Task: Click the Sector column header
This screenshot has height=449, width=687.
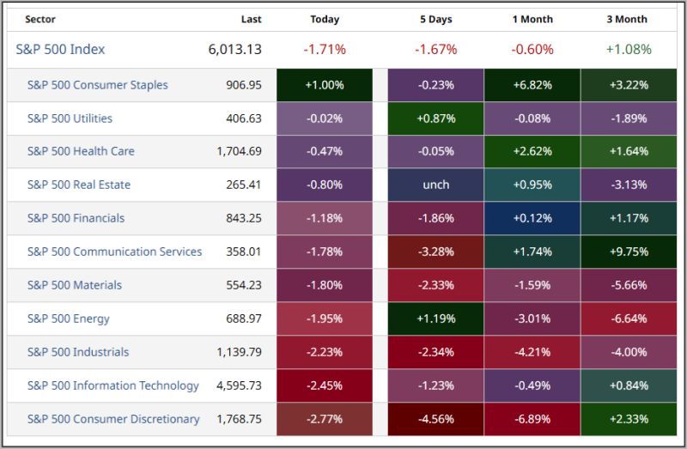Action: pos(41,19)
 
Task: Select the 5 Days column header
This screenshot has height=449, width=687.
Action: pos(435,19)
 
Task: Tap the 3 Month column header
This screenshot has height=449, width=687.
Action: pos(627,19)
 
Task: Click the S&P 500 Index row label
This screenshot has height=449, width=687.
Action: pos(60,49)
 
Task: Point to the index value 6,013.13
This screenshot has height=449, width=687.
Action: pos(234,49)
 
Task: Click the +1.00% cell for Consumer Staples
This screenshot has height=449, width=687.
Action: pos(325,85)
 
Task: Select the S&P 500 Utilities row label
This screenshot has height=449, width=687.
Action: pos(70,118)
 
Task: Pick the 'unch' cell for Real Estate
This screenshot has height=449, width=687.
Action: pos(435,185)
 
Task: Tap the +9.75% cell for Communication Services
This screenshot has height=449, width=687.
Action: pos(628,252)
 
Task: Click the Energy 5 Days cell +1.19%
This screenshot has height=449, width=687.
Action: pos(435,319)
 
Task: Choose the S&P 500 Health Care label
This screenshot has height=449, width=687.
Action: pos(81,151)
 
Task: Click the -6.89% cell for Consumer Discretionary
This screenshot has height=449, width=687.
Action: pos(532,419)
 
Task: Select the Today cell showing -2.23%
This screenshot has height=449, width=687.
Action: pos(325,352)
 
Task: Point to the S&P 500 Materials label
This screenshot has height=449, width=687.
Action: pos(75,285)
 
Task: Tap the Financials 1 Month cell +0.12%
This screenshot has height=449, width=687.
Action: pos(532,218)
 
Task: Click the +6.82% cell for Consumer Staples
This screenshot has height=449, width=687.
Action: pos(532,85)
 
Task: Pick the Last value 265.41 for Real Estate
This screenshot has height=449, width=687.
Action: pos(244,185)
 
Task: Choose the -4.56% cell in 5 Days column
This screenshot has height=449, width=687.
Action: pos(435,419)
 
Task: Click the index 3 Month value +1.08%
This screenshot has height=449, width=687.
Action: pos(628,49)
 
